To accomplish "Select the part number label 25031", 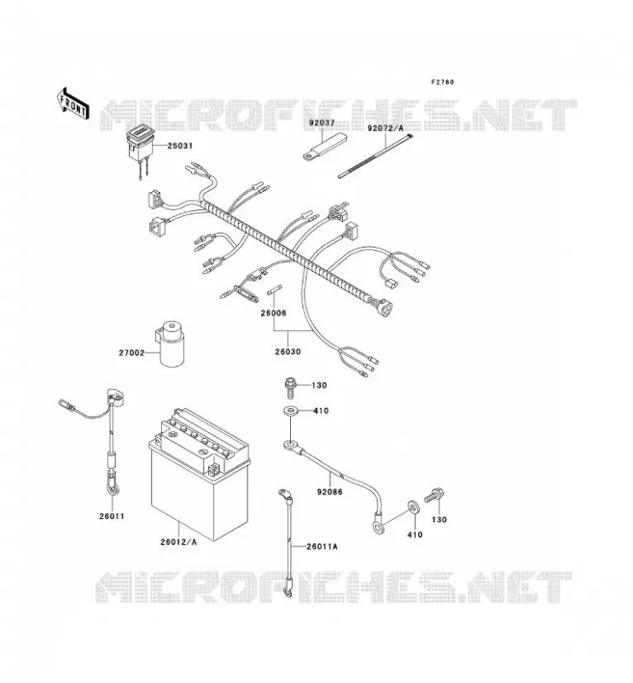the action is click(180, 146).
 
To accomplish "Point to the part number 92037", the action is click(322, 123).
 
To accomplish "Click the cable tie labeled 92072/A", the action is click(375, 156).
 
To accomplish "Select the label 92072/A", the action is click(386, 128).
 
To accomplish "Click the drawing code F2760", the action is click(442, 82).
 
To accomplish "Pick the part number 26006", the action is click(273, 312).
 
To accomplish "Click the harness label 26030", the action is click(287, 352).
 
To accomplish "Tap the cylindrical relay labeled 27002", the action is click(171, 344).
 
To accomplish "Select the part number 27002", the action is click(131, 353).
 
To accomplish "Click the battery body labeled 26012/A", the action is click(200, 474).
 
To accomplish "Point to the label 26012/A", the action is click(178, 542).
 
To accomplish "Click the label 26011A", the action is click(322, 546).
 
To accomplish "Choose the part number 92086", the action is click(329, 492).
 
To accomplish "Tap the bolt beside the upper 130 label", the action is click(290, 388).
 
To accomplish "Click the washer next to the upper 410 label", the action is click(290, 411).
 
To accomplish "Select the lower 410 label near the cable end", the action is click(415, 534).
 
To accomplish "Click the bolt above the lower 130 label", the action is click(434, 496).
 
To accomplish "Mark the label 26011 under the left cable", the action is click(112, 517).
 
